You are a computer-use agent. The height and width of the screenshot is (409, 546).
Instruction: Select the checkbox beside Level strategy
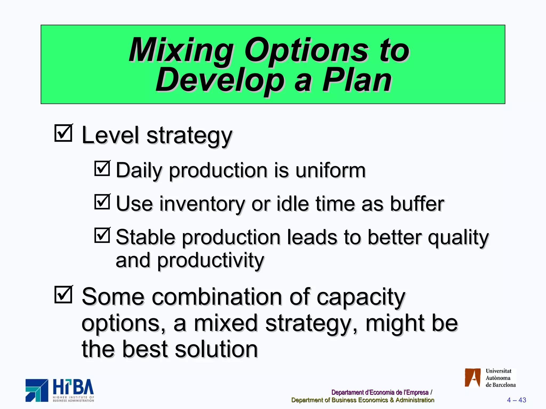(63, 133)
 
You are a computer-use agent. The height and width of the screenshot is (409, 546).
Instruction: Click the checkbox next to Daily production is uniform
(102, 169)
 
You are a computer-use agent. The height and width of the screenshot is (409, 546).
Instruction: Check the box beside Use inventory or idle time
(102, 202)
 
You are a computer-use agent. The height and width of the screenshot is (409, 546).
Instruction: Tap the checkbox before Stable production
(102, 235)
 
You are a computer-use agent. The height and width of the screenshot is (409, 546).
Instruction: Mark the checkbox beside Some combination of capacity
(63, 295)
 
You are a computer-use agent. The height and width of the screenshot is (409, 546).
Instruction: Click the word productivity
(210, 260)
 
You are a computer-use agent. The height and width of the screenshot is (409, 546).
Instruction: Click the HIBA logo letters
(73, 387)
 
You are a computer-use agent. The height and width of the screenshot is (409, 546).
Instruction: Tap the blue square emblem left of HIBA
(37, 390)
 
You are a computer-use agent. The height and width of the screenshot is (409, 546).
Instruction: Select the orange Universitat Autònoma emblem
(472, 378)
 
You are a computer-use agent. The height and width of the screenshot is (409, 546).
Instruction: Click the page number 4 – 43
(516, 400)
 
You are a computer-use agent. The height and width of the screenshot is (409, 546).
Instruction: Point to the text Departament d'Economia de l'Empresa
(380, 392)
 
